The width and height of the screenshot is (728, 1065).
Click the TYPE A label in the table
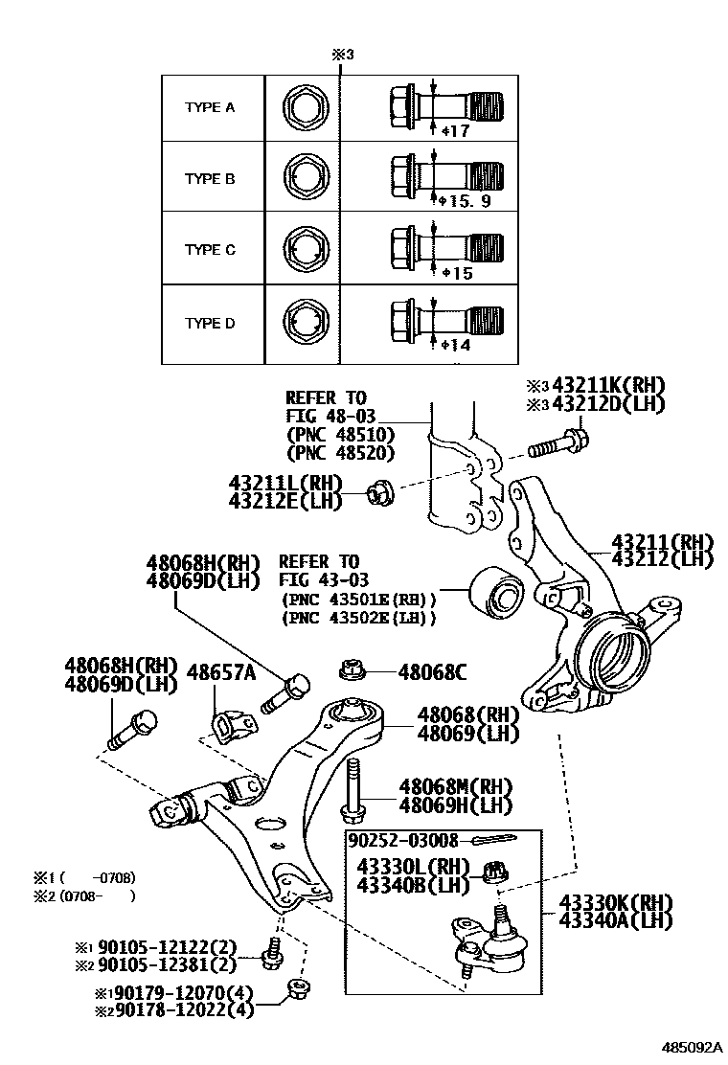(x=209, y=107)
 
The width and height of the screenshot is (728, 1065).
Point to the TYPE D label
(x=209, y=323)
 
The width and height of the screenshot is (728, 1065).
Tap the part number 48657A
(x=220, y=672)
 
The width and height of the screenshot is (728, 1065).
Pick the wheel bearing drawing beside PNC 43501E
(x=495, y=596)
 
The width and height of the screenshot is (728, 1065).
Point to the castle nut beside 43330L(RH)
(x=498, y=873)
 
